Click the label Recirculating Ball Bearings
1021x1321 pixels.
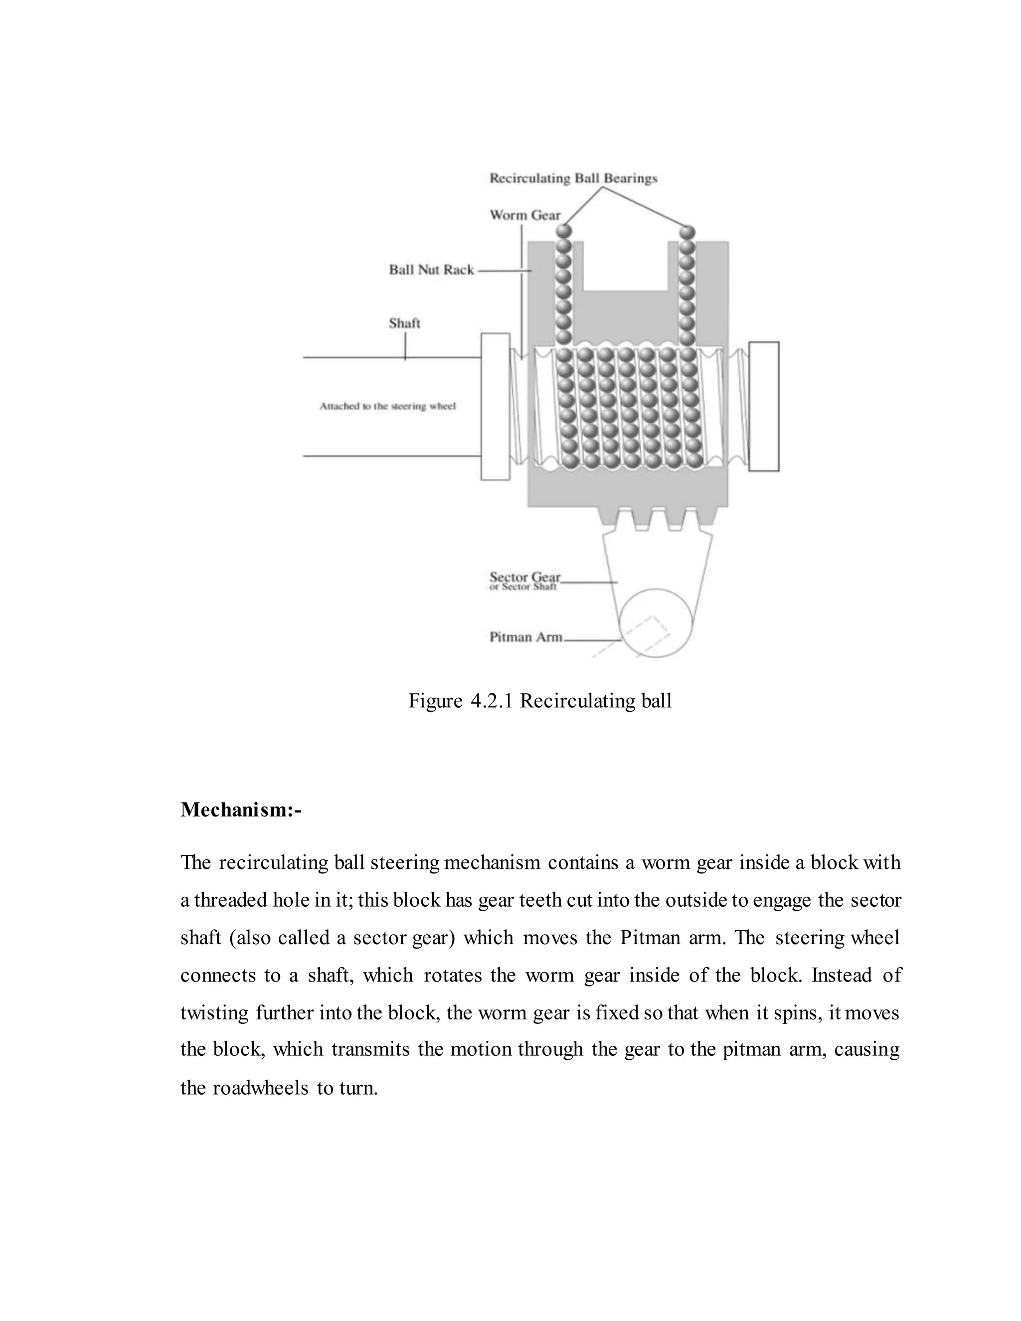pyautogui.click(x=573, y=178)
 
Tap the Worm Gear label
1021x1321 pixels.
pyautogui.click(x=525, y=215)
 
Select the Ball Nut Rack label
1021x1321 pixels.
pyautogui.click(x=431, y=270)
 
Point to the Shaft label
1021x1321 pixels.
pyautogui.click(x=404, y=324)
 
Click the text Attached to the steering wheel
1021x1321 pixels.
pyautogui.click(x=387, y=406)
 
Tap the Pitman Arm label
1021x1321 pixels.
pyautogui.click(x=525, y=637)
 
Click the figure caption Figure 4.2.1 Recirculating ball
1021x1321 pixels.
pyautogui.click(x=539, y=701)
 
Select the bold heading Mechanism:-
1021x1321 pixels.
pyautogui.click(x=241, y=809)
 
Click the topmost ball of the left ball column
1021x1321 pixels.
pyautogui.click(x=564, y=232)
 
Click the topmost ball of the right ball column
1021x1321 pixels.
pyautogui.click(x=687, y=232)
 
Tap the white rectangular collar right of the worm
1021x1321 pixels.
pyautogui.click(x=764, y=406)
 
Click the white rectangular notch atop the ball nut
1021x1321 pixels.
pyautogui.click(x=626, y=266)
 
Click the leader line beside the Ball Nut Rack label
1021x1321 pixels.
pyautogui.click(x=504, y=271)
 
